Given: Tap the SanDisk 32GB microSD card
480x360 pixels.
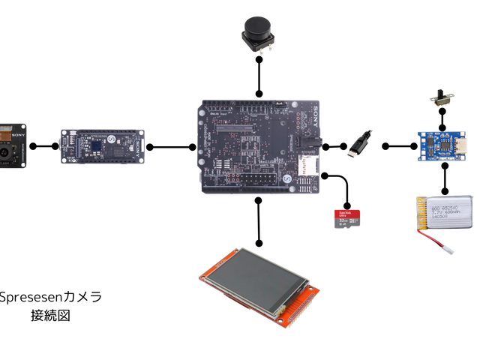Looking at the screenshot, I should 346,218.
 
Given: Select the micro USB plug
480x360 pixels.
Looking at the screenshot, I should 359,144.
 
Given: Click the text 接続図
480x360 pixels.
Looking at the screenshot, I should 50,316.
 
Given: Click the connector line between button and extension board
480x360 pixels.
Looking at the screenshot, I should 259,75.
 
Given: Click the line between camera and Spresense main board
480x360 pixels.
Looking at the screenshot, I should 43,147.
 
